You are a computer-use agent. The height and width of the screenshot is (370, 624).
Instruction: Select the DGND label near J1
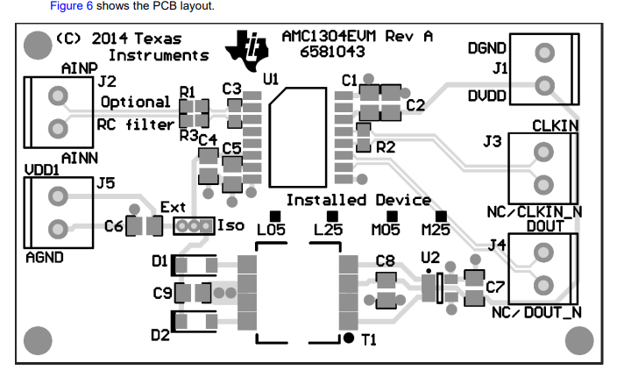pyautogui.click(x=486, y=47)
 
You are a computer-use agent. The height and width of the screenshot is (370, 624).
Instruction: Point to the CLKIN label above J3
pyautogui.click(x=556, y=126)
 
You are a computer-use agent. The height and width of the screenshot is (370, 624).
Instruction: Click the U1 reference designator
pyautogui.click(x=270, y=80)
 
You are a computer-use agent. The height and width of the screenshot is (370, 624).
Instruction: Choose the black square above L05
pyautogui.click(x=274, y=215)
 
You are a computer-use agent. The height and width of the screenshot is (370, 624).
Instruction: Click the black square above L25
pyautogui.click(x=331, y=215)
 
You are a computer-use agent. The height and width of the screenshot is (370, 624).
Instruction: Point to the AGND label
pyautogui.click(x=44, y=258)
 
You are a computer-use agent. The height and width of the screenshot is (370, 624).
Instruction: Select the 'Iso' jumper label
pyautogui.click(x=230, y=226)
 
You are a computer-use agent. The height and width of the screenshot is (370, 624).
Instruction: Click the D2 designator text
pyautogui.click(x=160, y=334)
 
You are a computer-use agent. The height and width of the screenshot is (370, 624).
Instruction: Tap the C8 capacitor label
pyautogui.click(x=386, y=260)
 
